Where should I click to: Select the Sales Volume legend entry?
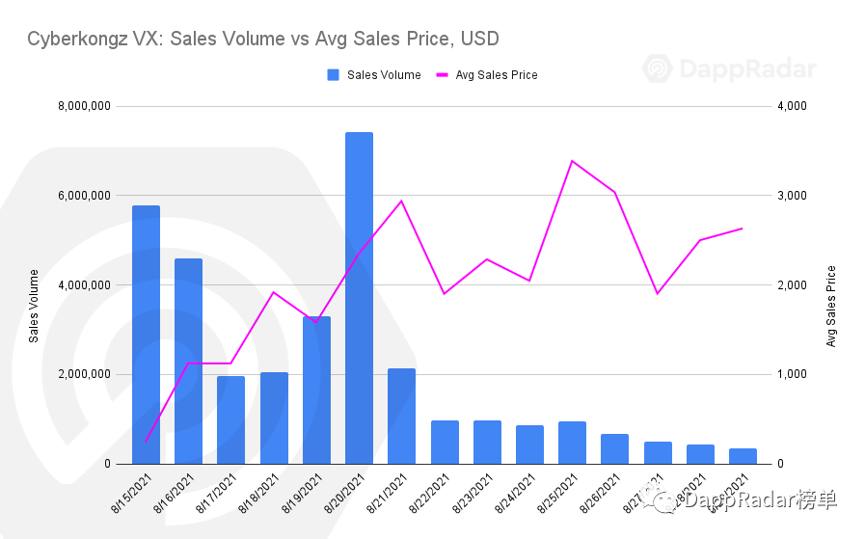pyautogui.click(x=374, y=75)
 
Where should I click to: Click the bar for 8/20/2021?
pyautogui.click(x=359, y=298)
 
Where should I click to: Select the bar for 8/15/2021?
pyautogui.click(x=146, y=335)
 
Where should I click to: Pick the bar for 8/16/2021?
pyautogui.click(x=188, y=361)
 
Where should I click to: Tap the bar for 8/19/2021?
pyautogui.click(x=316, y=390)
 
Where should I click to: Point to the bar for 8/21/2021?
pyautogui.click(x=401, y=416)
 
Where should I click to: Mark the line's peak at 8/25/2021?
pyautogui.click(x=572, y=161)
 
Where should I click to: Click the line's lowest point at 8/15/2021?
pyautogui.click(x=146, y=442)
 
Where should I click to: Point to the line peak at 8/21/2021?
pyautogui.click(x=401, y=201)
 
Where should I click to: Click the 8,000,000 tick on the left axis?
pyautogui.click(x=86, y=106)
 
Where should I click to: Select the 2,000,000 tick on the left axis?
pyautogui.click(x=86, y=374)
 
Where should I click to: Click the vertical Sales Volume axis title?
pyautogui.click(x=35, y=306)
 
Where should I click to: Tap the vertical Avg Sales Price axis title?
pyautogui.click(x=830, y=306)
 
